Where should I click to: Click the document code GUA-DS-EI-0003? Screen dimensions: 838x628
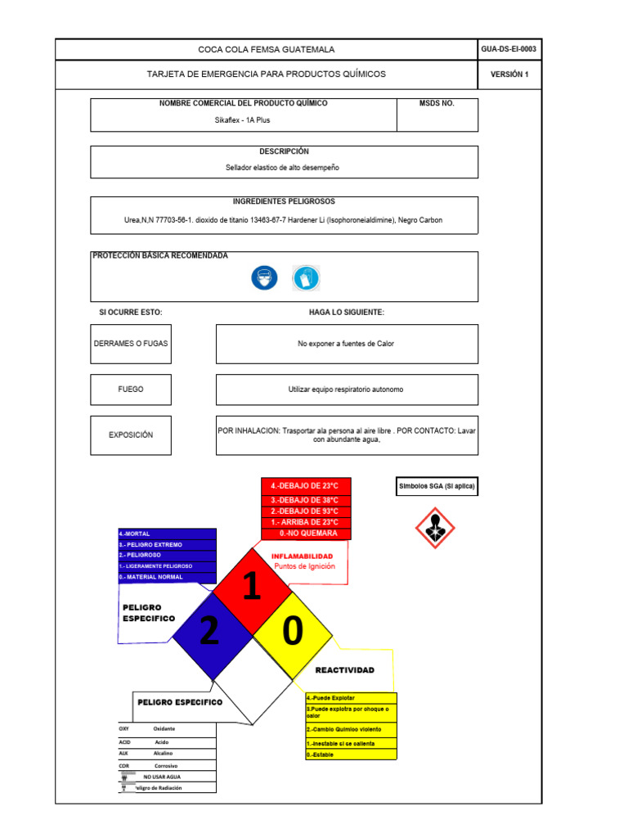click(x=509, y=50)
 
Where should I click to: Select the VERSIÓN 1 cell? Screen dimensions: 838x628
click(x=509, y=74)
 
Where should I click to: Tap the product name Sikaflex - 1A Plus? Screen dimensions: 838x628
click(x=242, y=119)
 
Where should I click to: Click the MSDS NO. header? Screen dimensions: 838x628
click(x=437, y=104)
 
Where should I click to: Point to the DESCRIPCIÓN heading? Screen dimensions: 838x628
click(x=284, y=151)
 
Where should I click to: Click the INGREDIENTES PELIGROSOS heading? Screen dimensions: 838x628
click(x=284, y=201)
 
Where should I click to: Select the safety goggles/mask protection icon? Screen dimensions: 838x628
click(x=264, y=278)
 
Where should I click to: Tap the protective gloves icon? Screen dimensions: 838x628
click(x=307, y=278)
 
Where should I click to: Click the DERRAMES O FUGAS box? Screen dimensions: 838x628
click(x=131, y=344)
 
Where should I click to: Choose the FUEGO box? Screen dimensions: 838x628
click(x=131, y=390)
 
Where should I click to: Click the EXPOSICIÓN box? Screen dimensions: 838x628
click(x=131, y=435)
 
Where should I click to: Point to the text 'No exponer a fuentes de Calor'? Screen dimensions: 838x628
click(x=346, y=344)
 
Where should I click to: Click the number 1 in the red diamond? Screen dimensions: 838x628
click(x=252, y=587)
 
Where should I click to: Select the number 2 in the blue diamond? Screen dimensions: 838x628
click(x=209, y=632)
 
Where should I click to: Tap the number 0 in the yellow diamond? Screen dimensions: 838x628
click(x=294, y=630)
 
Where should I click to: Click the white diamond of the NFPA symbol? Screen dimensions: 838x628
click(x=252, y=679)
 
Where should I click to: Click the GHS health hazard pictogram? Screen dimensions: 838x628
click(x=436, y=528)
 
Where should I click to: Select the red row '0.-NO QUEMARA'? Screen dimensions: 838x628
click(x=306, y=534)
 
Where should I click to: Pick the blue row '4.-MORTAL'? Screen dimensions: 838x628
click(x=167, y=534)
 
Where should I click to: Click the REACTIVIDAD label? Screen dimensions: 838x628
click(x=344, y=670)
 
